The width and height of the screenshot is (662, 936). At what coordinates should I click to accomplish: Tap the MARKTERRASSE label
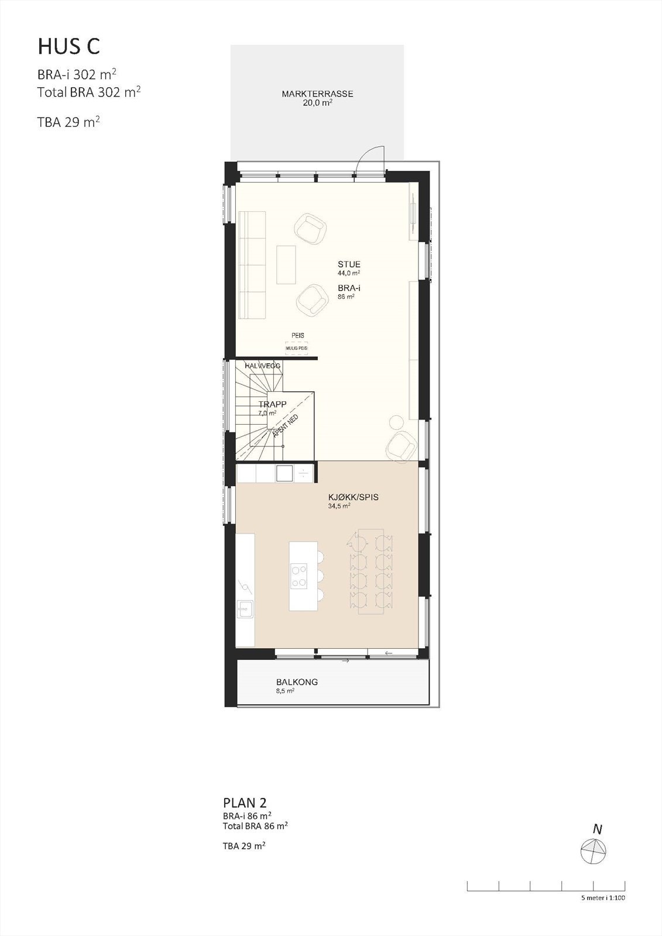(317, 94)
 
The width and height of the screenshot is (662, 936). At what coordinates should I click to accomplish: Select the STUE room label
(349, 264)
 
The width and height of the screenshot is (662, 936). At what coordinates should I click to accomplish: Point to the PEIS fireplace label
(298, 336)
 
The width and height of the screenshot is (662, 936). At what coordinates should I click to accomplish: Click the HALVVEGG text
(263, 366)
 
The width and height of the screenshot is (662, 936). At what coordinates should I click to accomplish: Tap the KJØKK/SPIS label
(353, 497)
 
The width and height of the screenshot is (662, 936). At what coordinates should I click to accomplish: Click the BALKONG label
(297, 682)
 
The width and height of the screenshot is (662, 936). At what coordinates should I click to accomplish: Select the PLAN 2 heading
(245, 803)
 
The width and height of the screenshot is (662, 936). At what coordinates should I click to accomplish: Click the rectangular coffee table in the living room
(286, 264)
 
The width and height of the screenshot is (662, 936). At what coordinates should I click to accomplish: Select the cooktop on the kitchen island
(299, 574)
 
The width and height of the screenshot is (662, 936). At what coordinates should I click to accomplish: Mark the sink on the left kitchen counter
(245, 610)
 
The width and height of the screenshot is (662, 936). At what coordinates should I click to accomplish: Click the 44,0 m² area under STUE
(348, 273)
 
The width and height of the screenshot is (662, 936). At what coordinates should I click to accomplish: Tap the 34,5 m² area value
(339, 506)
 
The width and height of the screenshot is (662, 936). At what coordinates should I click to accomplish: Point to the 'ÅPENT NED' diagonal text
(286, 426)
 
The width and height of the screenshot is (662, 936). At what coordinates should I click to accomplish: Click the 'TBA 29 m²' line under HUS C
(68, 122)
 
